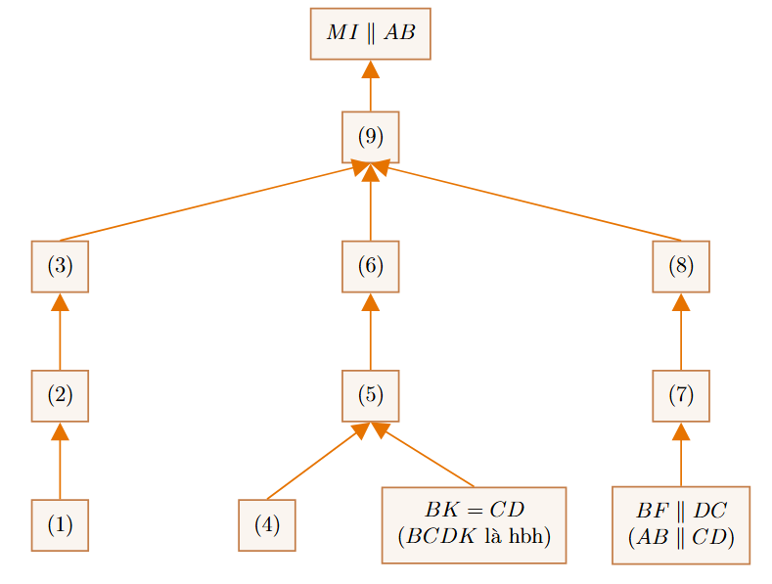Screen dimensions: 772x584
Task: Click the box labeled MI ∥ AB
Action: pos(370,33)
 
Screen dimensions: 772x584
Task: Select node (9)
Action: pos(370,137)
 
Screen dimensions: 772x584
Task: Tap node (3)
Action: pos(60,266)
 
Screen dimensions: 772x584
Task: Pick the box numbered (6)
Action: pos(370,266)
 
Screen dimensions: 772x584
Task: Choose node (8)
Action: pos(681,266)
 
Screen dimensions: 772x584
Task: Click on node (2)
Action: pos(60,396)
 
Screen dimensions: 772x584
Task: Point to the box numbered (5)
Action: pos(370,396)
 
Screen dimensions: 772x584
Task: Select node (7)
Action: pos(681,396)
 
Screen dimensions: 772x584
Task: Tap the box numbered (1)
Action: pos(60,525)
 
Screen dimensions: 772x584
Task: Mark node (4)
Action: pos(267,525)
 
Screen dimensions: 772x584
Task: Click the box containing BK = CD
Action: pos(475,525)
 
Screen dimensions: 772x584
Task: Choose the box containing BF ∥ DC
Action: pos(681,525)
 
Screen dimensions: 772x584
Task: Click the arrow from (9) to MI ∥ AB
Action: pos(370,86)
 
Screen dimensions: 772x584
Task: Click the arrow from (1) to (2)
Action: pos(60,461)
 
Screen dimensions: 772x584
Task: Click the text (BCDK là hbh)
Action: pos(475,536)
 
